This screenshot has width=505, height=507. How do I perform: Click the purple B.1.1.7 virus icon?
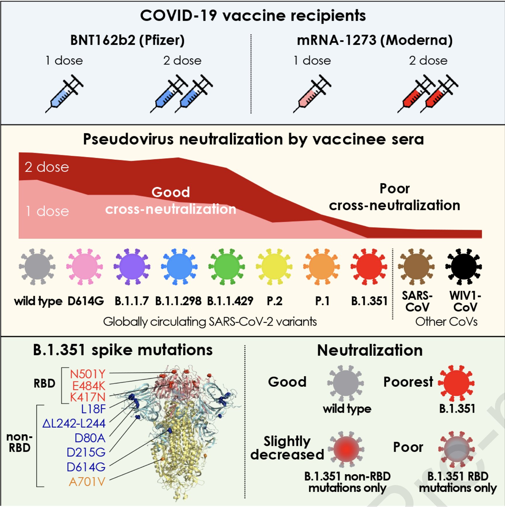132,267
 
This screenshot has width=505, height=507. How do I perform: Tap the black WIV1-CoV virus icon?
464,267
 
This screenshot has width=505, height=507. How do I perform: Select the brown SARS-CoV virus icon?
416,267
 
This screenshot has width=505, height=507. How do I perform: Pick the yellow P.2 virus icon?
274,267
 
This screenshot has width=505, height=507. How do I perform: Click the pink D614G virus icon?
84,267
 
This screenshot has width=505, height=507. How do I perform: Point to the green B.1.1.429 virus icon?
226,267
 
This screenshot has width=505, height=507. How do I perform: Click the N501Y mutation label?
87,374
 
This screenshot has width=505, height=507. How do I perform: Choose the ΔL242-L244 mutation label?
74,423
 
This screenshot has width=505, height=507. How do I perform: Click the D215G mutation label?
86,452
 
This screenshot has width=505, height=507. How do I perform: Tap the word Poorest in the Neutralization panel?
408,382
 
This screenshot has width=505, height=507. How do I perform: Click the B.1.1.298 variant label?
178,301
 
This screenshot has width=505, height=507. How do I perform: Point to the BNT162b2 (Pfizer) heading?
127,40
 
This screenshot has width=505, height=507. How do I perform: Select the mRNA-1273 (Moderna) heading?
375,40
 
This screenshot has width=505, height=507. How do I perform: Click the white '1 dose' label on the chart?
47,211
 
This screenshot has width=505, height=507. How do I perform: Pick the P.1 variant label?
322,301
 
